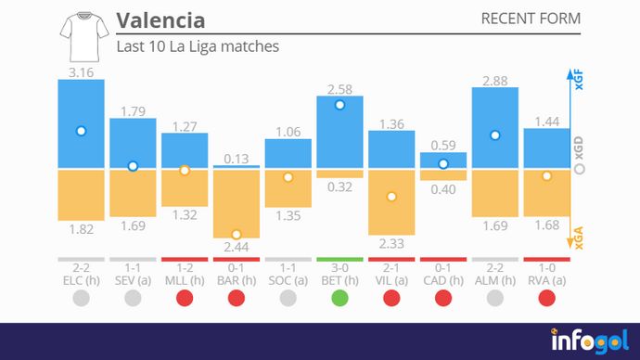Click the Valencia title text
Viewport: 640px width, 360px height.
[x=160, y=20]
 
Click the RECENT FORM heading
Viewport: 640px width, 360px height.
[x=531, y=19]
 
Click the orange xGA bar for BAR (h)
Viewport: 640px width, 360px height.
[x=237, y=203]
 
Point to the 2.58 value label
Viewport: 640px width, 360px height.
[x=339, y=88]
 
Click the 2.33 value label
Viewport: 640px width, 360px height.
[x=391, y=243]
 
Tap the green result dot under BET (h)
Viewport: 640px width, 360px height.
[x=339, y=298]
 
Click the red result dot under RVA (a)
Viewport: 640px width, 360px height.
[x=546, y=298]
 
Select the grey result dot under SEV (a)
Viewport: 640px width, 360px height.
[x=133, y=298]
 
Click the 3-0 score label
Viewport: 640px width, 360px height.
[x=339, y=266]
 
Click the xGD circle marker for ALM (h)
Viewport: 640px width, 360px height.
[x=495, y=135]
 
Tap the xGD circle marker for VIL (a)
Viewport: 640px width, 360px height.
[x=391, y=197]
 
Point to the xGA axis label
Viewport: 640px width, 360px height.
[x=579, y=241]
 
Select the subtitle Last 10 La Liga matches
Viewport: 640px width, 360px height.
[x=198, y=45]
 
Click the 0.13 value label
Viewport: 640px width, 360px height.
[x=237, y=158]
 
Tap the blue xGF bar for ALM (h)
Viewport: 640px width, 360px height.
[x=495, y=128]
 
